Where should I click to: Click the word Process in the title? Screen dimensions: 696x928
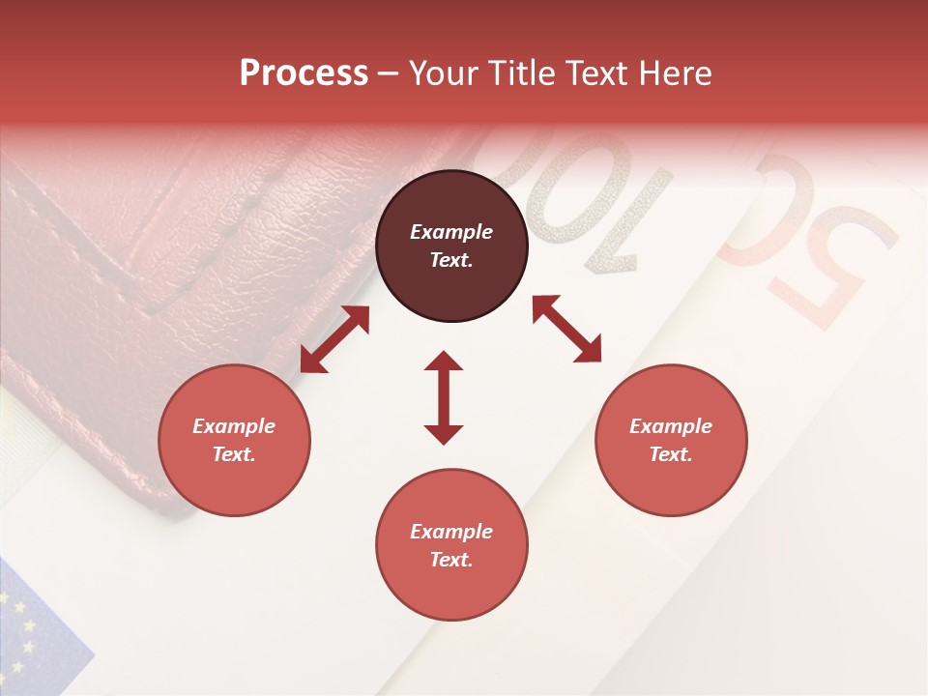[x=304, y=72]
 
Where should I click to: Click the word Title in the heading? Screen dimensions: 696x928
[x=520, y=72]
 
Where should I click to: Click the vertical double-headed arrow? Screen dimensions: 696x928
[x=444, y=398]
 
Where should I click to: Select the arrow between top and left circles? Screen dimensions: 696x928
[x=334, y=339]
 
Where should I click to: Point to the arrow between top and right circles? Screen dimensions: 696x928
[x=566, y=330]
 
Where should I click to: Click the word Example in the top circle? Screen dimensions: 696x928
[x=451, y=232]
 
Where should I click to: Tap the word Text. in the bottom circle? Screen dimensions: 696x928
[x=451, y=560]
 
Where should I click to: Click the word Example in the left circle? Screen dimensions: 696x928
[x=234, y=426]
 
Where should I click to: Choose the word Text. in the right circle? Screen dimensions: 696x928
[x=671, y=454]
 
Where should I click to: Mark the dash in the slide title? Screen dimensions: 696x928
[x=389, y=73]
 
